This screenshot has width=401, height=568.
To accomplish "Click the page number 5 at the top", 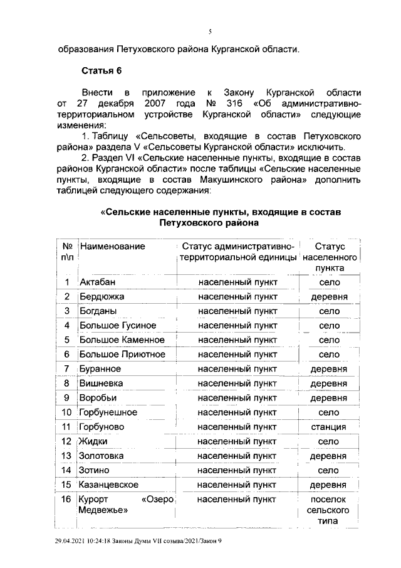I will (211, 31).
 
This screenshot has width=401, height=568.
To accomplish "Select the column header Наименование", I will (112, 247).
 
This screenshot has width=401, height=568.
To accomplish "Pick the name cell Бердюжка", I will (102, 296).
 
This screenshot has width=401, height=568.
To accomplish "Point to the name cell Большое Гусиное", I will (117, 325).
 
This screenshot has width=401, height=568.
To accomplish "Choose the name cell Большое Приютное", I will (122, 354).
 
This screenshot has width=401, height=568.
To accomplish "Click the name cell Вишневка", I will (101, 383).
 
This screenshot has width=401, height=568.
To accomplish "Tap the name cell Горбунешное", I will (108, 412).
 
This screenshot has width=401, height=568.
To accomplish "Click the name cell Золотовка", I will (102, 456).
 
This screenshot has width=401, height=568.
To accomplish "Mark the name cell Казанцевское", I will (110, 485).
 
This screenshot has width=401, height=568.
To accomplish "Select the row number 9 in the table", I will (66, 397).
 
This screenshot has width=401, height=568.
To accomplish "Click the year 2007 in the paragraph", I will (147, 102).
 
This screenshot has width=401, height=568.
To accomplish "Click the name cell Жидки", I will (93, 441).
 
